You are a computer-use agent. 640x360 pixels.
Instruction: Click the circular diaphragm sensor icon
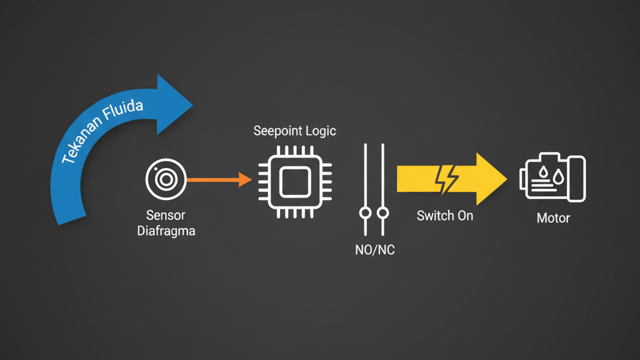click(x=164, y=179)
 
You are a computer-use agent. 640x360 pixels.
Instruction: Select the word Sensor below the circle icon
click(x=166, y=216)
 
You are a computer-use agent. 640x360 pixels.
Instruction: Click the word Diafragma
click(x=166, y=231)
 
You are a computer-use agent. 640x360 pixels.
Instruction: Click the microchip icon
click(x=294, y=181)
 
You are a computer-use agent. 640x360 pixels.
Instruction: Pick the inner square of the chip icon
click(x=294, y=182)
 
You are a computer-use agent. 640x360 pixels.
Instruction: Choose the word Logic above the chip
click(x=321, y=131)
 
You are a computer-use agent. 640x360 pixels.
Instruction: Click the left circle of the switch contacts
click(x=365, y=213)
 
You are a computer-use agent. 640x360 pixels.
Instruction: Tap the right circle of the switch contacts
click(x=382, y=213)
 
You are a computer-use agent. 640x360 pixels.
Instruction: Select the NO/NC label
click(x=374, y=251)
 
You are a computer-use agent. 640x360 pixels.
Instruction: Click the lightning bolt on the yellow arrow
click(x=447, y=179)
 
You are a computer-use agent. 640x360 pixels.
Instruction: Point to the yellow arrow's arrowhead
click(x=491, y=179)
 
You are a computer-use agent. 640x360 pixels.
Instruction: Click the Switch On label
click(x=445, y=216)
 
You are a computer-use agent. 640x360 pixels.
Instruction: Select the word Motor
click(x=553, y=219)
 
